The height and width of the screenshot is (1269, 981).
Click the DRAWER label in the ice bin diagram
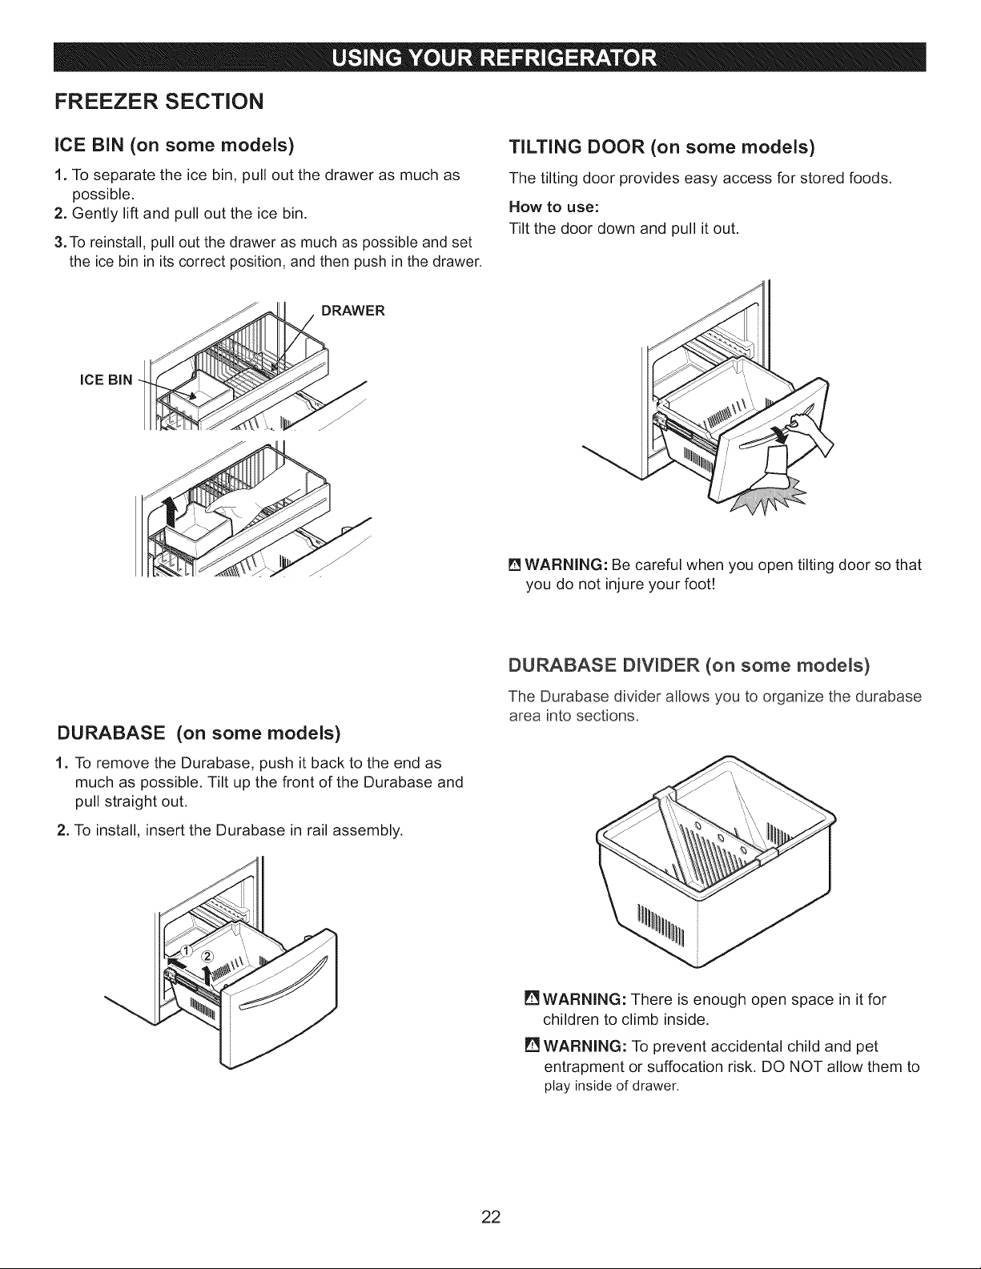click(x=352, y=311)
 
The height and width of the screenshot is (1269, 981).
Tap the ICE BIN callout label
click(x=107, y=380)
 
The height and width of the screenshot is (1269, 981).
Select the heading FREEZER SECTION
click(x=159, y=101)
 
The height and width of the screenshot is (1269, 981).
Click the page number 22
click(x=490, y=1216)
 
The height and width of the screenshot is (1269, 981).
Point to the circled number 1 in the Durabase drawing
click(x=186, y=950)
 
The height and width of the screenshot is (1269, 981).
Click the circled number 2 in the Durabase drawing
click(x=208, y=956)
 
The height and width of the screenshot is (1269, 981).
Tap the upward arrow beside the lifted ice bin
click(x=171, y=511)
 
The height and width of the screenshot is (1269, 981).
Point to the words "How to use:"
click(x=554, y=207)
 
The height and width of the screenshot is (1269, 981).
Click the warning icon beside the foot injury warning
click(x=515, y=565)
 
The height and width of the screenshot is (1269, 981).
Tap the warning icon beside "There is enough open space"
click(x=532, y=998)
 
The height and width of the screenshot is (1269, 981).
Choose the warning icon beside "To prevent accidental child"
click(x=532, y=1045)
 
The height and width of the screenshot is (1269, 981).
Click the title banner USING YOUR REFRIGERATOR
click(x=489, y=57)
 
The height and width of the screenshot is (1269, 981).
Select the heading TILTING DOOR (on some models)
click(x=661, y=147)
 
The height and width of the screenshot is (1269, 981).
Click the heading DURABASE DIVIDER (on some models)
click(x=689, y=665)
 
